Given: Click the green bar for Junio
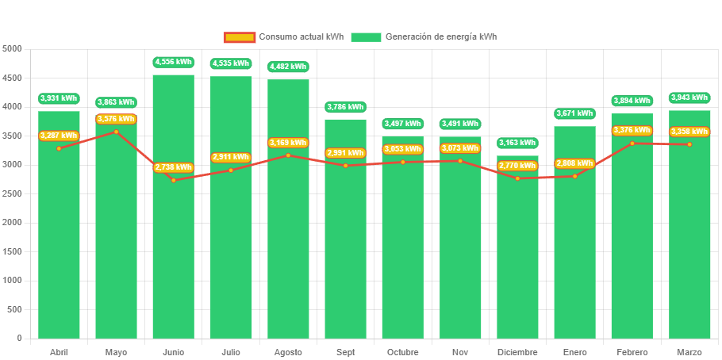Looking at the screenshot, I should [x=173, y=254].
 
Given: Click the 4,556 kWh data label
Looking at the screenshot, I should [x=173, y=62].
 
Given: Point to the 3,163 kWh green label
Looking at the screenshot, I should [x=517, y=143].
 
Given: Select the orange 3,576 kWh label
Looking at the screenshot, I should [x=116, y=119].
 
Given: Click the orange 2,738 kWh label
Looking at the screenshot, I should [x=173, y=167].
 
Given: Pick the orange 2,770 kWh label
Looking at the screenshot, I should [x=517, y=166].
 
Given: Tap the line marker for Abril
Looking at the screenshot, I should [x=59, y=148].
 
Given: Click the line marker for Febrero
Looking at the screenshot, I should [x=632, y=144].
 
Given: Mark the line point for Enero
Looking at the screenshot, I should [x=574, y=176].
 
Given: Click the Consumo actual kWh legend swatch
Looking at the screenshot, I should [x=239, y=37].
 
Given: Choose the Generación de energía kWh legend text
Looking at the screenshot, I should [x=441, y=37].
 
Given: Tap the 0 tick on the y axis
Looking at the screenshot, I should [x=18, y=339].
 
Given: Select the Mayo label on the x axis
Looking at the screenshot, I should [x=116, y=352].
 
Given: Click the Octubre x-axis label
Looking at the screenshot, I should [x=402, y=352].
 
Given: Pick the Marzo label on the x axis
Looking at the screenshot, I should [x=689, y=352].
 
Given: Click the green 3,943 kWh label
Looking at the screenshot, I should [x=689, y=98].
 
